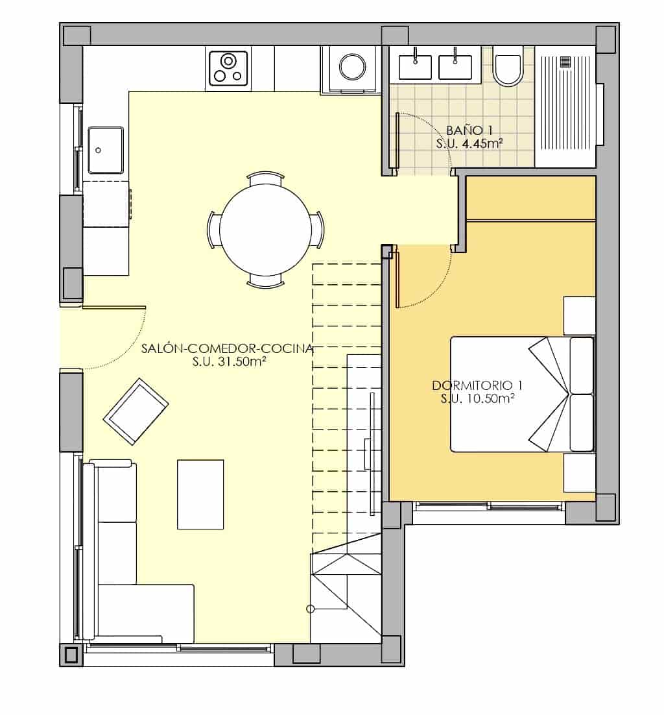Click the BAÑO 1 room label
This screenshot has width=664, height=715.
[x=464, y=130]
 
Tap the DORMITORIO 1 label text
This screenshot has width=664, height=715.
[x=473, y=385]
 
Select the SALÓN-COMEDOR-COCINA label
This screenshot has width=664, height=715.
[x=227, y=348]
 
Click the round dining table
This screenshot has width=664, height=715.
[x=265, y=230]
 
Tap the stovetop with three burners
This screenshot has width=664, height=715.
[x=228, y=68]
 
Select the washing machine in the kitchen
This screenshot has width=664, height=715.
[x=352, y=68]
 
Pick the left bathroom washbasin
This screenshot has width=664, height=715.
[x=415, y=66]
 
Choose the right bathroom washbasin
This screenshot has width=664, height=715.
[x=455, y=66]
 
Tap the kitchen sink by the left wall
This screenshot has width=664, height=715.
[x=106, y=150]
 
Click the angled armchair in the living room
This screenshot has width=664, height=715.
[x=136, y=411]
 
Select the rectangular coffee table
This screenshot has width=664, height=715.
[x=200, y=494]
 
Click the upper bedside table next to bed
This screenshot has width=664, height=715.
[x=579, y=315]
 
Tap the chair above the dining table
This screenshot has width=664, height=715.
[x=266, y=178]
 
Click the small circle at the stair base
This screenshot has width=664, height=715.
[x=311, y=609]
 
